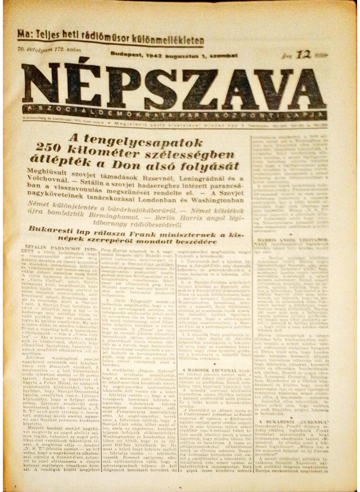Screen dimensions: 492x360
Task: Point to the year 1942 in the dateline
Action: [156, 55]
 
